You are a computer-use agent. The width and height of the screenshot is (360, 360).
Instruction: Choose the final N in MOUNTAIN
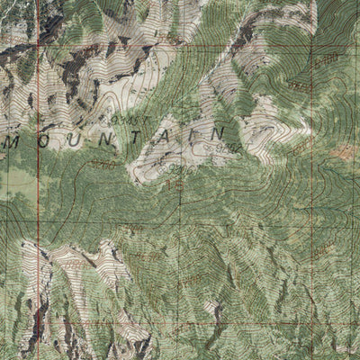point(216,133)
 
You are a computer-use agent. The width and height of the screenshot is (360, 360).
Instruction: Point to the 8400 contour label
point(326,59)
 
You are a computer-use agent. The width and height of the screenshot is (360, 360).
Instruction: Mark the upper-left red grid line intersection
point(39,42)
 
